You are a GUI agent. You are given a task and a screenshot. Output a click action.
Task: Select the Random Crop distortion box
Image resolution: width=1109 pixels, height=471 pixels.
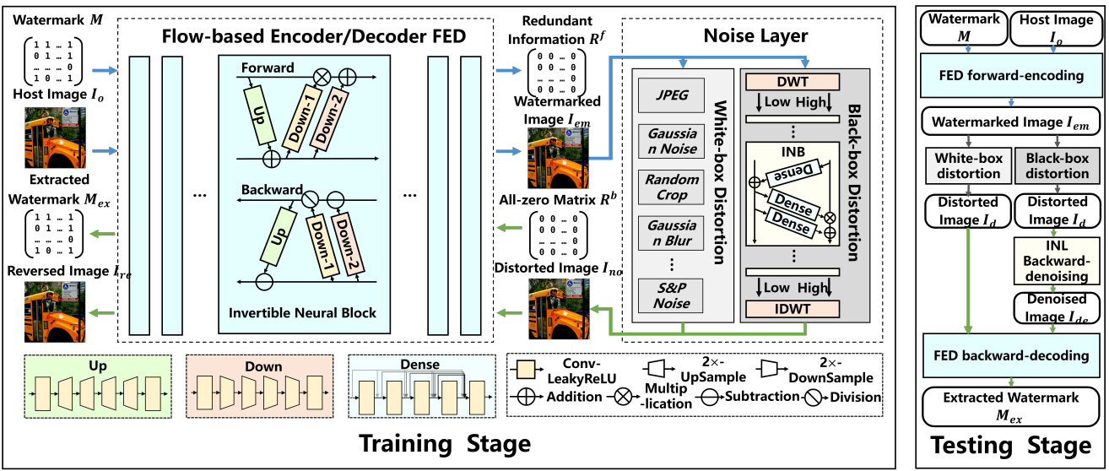click(x=673, y=187)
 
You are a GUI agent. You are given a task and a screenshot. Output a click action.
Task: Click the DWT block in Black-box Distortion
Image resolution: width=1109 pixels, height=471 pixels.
click(x=792, y=81)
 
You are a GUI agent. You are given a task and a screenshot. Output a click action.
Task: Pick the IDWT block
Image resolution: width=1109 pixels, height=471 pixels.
click(x=792, y=309)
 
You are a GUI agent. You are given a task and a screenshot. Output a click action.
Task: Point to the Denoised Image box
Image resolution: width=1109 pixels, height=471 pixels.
click(x=1051, y=308)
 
